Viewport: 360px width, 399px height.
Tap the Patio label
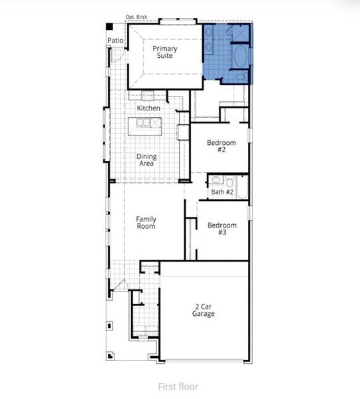tap(116, 41)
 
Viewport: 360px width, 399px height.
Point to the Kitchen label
tap(148, 108)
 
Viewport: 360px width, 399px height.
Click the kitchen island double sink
tap(142, 122)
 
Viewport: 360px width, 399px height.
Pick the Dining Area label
tap(146, 160)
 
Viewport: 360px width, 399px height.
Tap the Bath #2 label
tap(222, 192)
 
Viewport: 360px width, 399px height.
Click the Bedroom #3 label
tap(222, 229)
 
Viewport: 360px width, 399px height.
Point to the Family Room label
tap(146, 223)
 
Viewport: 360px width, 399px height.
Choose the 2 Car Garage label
tap(204, 311)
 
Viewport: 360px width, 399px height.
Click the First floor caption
tap(178, 386)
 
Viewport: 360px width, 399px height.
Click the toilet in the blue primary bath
tap(240, 77)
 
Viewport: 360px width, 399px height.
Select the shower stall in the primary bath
tap(240, 33)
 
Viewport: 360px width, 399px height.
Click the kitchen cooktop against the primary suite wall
tap(148, 94)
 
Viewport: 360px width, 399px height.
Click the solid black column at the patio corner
tap(110, 27)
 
